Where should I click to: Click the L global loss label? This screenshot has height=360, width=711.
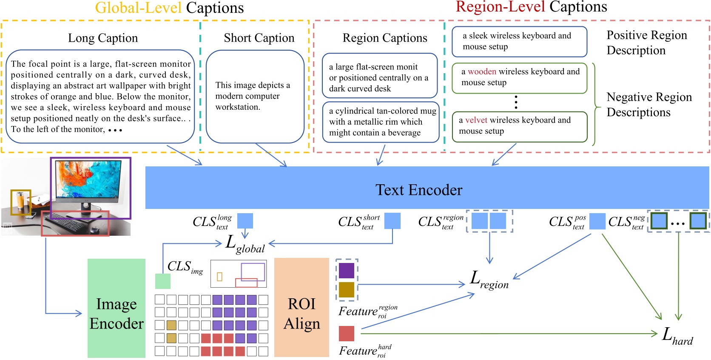click(x=245, y=244)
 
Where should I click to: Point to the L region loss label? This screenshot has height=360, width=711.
click(x=489, y=280)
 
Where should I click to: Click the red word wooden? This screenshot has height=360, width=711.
click(x=482, y=72)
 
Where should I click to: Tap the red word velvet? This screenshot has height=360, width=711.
click(x=476, y=120)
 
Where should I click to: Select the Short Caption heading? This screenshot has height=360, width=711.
click(x=259, y=38)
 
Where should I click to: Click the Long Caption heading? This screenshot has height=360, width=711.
click(x=103, y=38)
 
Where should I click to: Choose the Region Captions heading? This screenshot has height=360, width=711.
click(x=385, y=38)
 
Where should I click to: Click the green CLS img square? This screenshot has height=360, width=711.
click(x=162, y=281)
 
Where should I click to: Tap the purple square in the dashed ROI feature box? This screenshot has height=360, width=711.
click(x=347, y=271)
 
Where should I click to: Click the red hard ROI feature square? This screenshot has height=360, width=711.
click(x=347, y=334)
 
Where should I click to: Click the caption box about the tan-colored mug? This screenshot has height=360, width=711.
click(x=381, y=122)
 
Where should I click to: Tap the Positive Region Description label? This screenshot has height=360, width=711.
click(x=646, y=43)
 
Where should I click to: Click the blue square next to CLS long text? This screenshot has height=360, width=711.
click(x=245, y=221)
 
